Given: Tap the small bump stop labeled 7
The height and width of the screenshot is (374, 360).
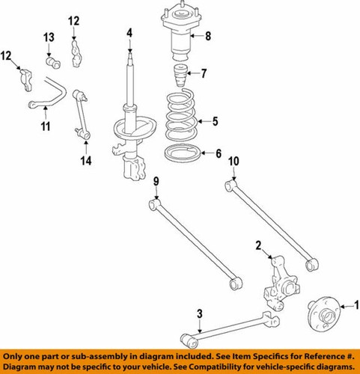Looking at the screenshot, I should click(x=180, y=77).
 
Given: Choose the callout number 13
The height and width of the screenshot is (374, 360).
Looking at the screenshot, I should click(x=49, y=37).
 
